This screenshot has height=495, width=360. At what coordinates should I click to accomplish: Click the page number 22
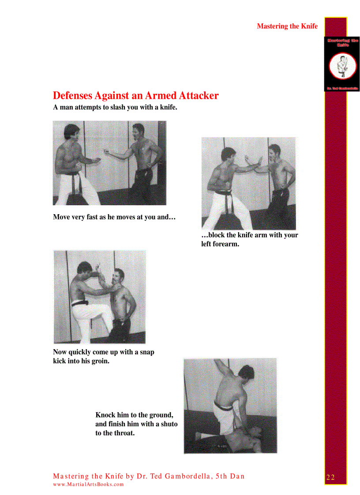331,477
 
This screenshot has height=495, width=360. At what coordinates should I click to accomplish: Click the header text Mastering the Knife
287,26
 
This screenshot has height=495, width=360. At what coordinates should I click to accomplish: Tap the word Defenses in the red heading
73,96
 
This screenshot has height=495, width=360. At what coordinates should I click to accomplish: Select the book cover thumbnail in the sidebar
342,64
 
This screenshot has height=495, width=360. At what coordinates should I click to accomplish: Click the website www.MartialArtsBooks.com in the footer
88,484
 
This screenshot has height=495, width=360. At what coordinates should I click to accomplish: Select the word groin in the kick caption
100,361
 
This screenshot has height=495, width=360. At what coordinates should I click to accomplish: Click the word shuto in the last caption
168,424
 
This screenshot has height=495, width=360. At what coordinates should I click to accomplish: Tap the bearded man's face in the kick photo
119,279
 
